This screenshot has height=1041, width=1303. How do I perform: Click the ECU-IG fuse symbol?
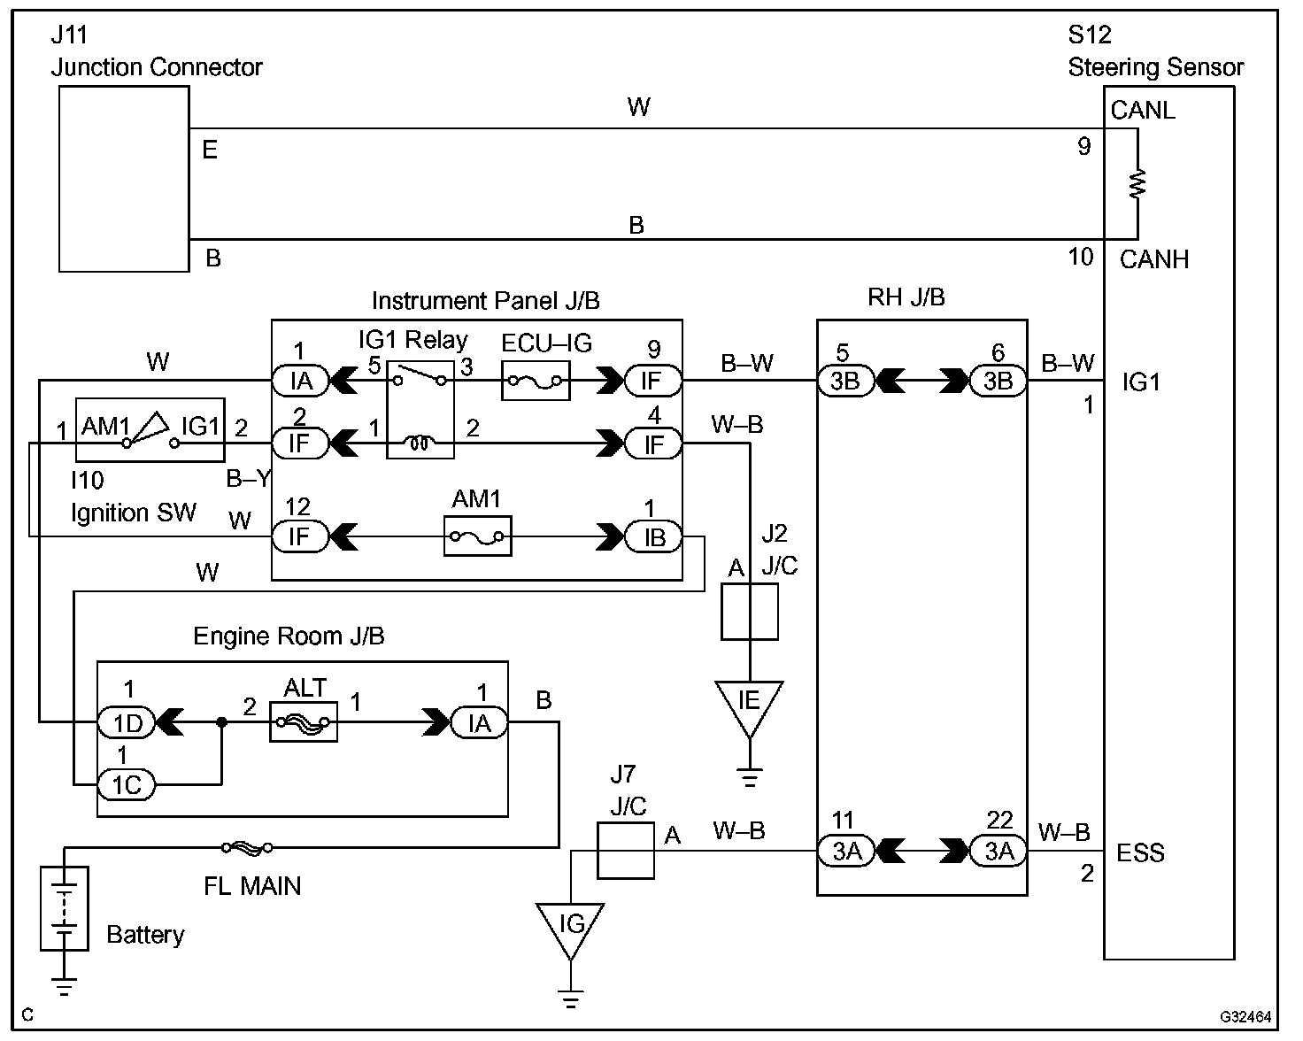coord(536,382)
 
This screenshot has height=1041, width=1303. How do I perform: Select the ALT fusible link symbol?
coord(303,722)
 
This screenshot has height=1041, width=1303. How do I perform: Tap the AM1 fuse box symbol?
coord(477,536)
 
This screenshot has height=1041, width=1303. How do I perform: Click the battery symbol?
coord(65,908)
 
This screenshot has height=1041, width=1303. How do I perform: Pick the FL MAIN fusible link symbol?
coord(247,848)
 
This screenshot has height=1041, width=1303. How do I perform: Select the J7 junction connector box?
coord(626,851)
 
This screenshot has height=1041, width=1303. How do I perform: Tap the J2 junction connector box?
coord(750,611)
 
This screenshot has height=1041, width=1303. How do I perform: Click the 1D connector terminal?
coord(127,723)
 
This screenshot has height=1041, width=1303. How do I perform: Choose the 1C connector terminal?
coord(127,784)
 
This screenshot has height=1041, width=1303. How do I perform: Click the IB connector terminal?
coord(653,536)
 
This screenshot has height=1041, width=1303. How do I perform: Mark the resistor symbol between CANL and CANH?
coord(1137,183)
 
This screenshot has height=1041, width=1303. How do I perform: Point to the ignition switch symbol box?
coord(150,429)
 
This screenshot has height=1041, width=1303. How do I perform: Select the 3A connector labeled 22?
coord(998,852)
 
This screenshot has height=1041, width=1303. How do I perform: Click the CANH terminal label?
coord(1153,259)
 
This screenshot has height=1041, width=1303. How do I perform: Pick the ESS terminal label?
coord(1140,853)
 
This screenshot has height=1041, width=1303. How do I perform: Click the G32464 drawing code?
coord(1245,1017)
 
